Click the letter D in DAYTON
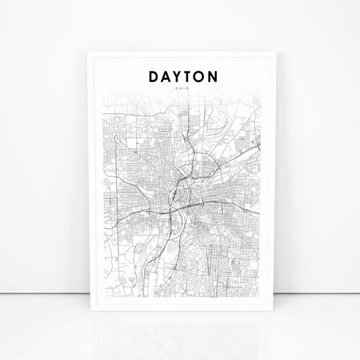[154, 76]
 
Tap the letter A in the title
[167, 76]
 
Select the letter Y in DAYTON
[180, 76]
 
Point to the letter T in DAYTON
[191, 76]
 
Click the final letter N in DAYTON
[217, 76]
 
